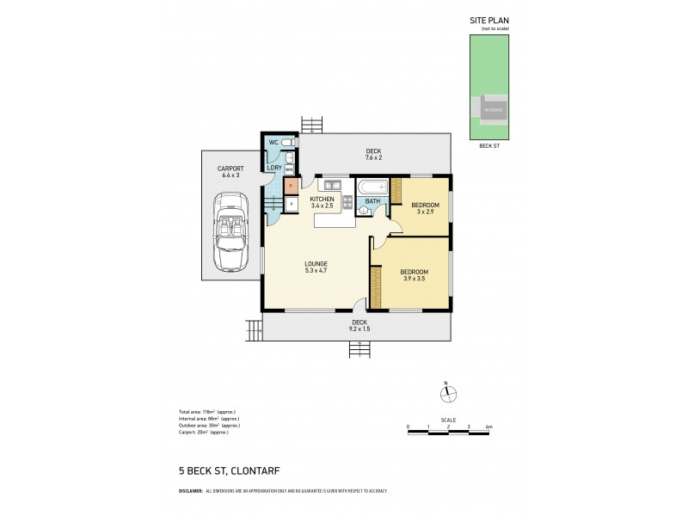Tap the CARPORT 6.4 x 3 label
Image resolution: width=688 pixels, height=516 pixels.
(x=230, y=171)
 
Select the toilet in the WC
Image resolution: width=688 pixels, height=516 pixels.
(x=288, y=142)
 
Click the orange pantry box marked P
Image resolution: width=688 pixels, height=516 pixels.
(x=291, y=185)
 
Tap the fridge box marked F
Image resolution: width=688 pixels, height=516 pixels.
(x=291, y=204)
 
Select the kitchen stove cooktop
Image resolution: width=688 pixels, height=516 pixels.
(x=347, y=203)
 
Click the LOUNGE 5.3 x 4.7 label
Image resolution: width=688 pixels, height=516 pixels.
(x=315, y=267)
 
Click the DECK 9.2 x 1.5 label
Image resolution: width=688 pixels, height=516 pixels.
(x=359, y=325)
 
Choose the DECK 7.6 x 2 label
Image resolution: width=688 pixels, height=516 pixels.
(x=373, y=155)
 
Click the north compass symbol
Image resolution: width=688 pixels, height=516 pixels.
(x=445, y=394)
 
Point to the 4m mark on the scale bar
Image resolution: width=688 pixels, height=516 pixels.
(x=488, y=427)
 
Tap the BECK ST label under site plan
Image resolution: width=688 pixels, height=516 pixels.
(x=488, y=146)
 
